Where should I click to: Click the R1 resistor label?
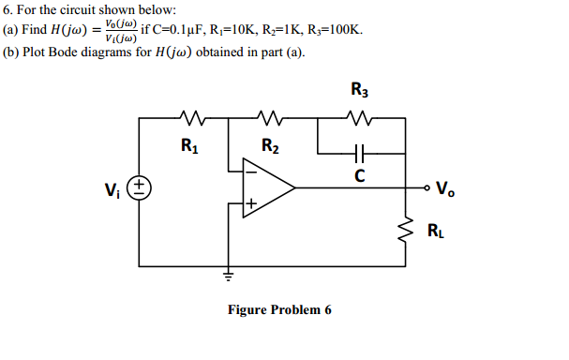[x=189, y=145]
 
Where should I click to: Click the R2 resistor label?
[x=269, y=145]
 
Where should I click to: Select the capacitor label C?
[x=359, y=175]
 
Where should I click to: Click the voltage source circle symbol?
[x=141, y=187]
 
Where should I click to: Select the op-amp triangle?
[x=268, y=187]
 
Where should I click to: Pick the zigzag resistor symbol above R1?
[x=189, y=119]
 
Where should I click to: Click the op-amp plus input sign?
[x=250, y=202]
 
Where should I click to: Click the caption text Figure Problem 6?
[x=279, y=310]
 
